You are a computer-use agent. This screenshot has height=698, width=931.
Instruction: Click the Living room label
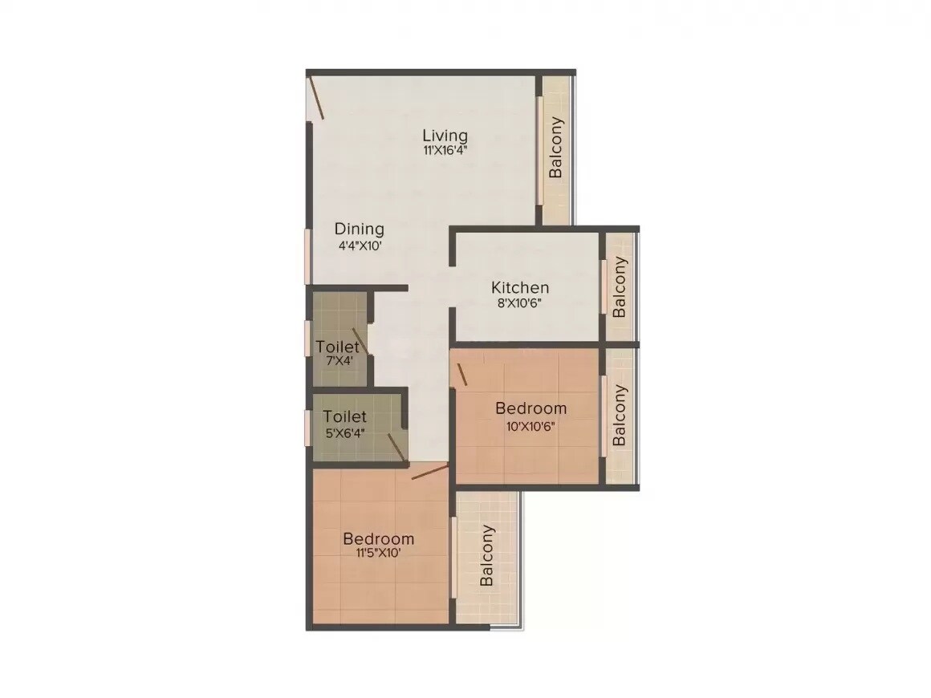point(445,135)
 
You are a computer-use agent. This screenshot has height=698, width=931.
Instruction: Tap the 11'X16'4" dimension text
point(445,149)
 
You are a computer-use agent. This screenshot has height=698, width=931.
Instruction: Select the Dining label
point(360,229)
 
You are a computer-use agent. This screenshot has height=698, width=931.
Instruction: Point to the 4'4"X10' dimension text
point(360,246)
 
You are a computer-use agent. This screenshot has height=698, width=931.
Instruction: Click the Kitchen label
point(520,287)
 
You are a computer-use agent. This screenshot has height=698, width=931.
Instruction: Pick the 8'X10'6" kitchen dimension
point(520,303)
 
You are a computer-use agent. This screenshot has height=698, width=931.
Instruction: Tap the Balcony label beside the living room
point(555,148)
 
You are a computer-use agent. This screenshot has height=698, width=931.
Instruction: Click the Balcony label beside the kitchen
point(620,287)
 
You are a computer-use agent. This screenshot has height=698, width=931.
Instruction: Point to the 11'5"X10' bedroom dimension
point(378,553)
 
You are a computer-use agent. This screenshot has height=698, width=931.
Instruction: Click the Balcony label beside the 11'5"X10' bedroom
point(486,556)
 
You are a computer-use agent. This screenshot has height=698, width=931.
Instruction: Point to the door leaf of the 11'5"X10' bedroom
point(429,472)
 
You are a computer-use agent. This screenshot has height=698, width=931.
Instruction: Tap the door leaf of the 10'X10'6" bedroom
point(461,373)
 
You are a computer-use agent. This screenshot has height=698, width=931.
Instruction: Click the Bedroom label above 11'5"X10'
point(378,538)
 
